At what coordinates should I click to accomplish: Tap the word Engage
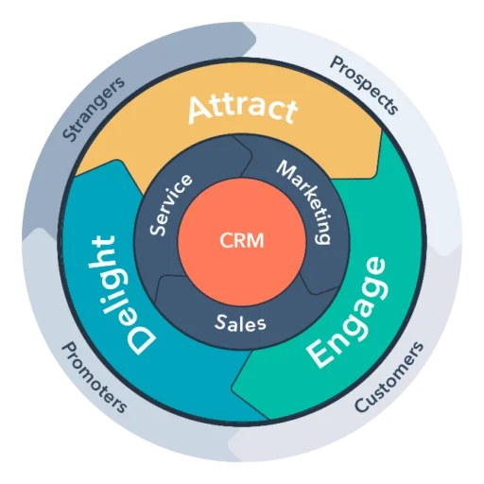347,313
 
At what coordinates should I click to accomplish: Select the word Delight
120,295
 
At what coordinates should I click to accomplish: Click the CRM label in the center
242,241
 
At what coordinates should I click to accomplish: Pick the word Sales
241,322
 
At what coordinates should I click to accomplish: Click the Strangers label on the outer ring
94,108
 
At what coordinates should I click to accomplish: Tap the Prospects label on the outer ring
365,84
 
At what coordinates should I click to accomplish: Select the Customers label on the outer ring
389,377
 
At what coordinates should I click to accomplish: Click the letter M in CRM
255,241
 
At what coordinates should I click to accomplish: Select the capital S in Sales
221,321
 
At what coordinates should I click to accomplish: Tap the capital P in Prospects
337,63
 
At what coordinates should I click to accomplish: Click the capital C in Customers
362,405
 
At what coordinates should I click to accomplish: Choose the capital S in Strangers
69,133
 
